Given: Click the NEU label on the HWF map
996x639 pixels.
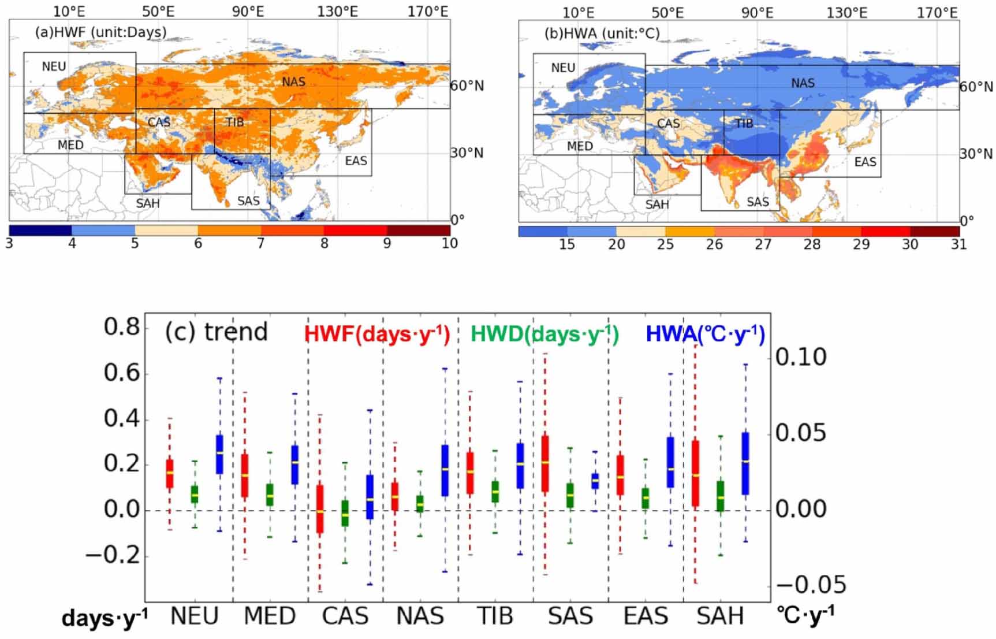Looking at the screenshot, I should (x=54, y=66).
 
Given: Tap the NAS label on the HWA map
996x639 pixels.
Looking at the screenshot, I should (x=803, y=83).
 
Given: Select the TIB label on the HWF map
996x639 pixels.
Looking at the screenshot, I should (x=234, y=122).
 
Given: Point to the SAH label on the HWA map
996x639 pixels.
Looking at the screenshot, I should (x=657, y=205).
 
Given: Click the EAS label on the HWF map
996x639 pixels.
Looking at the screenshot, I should (x=356, y=161).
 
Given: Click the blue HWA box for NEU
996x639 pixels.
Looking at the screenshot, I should (x=219, y=454).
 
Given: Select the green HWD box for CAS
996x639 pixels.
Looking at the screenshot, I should (x=345, y=512).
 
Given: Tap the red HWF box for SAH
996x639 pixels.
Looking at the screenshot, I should (x=695, y=473).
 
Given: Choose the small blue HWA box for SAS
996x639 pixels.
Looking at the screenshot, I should (x=595, y=481).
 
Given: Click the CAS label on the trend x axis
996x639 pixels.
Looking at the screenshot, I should (x=345, y=616).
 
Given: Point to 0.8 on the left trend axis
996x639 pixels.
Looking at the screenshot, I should (x=122, y=328).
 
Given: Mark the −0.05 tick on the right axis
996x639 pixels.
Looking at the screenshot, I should (x=811, y=585).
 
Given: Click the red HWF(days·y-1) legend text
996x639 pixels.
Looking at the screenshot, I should (x=376, y=335).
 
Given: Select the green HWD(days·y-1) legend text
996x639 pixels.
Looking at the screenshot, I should (x=544, y=335).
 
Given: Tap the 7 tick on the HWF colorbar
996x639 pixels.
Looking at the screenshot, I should (x=261, y=243).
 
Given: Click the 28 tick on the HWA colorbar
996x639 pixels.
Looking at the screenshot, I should (x=812, y=244).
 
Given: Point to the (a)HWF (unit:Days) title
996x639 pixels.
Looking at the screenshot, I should (x=100, y=32).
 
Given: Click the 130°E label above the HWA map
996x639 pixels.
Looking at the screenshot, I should (x=846, y=12).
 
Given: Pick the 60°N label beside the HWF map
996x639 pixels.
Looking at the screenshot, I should (x=467, y=86).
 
